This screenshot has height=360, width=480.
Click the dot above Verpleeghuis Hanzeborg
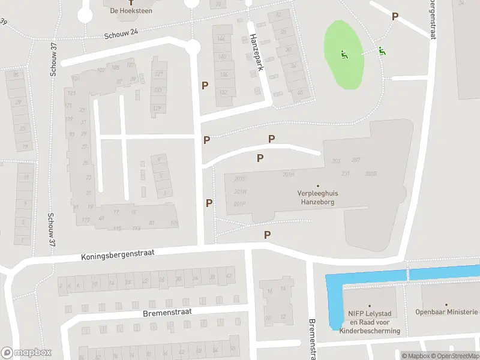tap(318, 185)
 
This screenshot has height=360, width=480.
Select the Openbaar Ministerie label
tap(448, 312)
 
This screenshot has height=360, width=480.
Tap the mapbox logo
tap(26, 352)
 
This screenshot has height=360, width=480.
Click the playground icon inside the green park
tap(344, 55)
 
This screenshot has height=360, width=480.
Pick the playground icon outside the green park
tap(381, 51)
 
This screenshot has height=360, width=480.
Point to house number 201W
tap(241, 192)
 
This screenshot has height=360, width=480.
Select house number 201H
tap(289, 175)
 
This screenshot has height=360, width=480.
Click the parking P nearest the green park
tap(395, 17)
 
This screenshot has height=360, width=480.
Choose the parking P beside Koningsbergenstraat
tap(268, 235)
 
